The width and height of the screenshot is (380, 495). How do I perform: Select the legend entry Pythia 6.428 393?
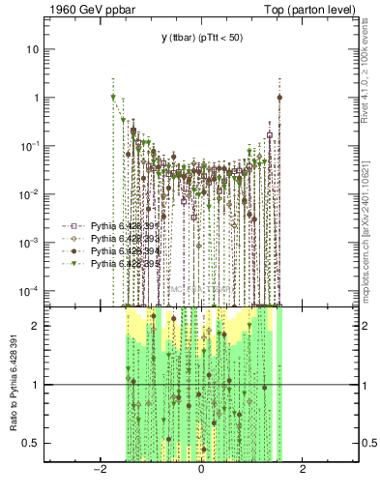pyautogui.click(x=118, y=238)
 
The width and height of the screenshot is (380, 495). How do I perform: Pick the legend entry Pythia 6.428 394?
pyautogui.click(x=118, y=249)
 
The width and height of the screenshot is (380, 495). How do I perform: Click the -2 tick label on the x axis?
pyautogui.click(x=98, y=469)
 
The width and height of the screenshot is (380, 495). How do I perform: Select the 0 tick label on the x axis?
pyautogui.click(x=200, y=469)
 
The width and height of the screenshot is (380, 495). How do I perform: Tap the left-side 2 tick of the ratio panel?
pyautogui.click(x=37, y=325)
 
